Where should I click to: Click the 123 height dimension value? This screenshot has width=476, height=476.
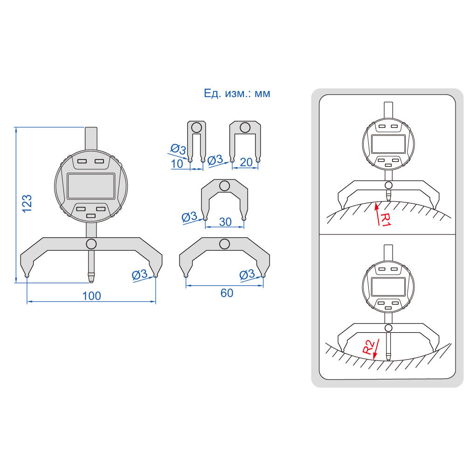[27, 203]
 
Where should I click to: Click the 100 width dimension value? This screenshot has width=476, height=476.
[92, 296]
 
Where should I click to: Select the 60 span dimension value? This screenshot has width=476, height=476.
[227, 293]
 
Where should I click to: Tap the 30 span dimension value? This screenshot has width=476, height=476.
[225, 222]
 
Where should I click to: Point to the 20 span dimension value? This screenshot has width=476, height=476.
[246, 162]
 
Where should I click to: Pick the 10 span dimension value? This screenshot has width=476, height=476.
[177, 164]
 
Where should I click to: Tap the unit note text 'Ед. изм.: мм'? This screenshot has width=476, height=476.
[237, 94]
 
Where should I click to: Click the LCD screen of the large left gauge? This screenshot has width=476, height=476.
[91, 186]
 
